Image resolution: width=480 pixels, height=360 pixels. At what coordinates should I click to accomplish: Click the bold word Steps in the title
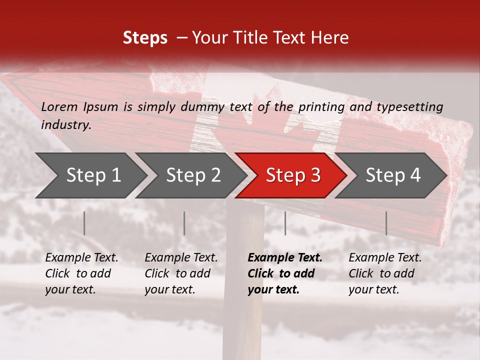[x=145, y=38]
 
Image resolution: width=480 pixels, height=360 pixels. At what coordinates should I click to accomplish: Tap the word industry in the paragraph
[x=66, y=124]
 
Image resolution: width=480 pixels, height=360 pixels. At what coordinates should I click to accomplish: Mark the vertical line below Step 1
[x=84, y=223]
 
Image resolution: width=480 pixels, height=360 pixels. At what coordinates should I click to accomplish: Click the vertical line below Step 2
[x=184, y=223]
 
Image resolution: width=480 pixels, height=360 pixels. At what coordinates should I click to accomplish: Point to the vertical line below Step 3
[x=285, y=223]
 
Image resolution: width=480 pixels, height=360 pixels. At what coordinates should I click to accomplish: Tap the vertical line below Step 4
[x=386, y=223]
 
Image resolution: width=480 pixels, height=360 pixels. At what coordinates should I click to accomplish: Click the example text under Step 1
[x=81, y=273]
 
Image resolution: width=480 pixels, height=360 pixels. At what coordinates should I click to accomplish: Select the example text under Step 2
[x=181, y=273]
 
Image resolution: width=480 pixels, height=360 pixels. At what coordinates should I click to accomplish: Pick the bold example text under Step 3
[x=285, y=273]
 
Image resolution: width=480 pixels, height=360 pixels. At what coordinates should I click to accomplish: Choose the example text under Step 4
[x=385, y=273]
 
